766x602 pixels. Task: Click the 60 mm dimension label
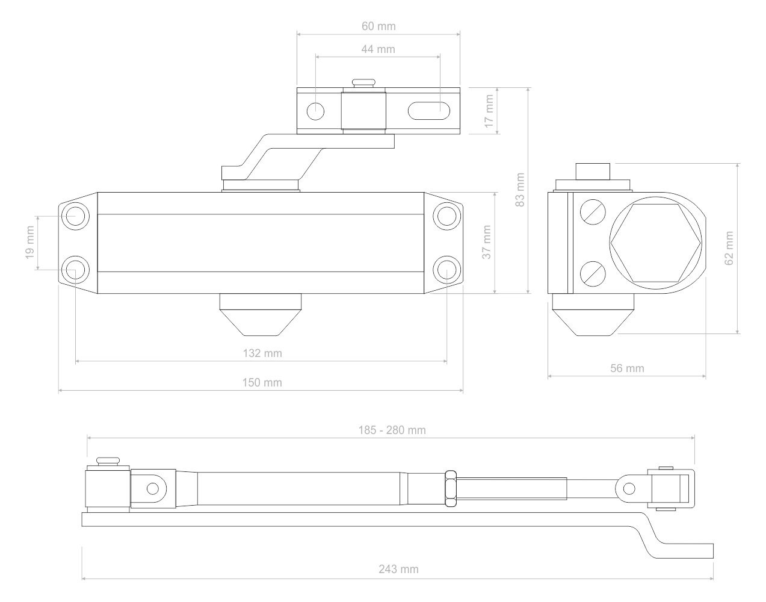pyautogui.click(x=378, y=26)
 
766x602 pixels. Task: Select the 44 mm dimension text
pyautogui.click(x=378, y=49)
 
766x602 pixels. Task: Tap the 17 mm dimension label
pyautogui.click(x=489, y=111)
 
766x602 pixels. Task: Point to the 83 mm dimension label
pyautogui.click(x=520, y=190)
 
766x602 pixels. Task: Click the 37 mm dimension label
pyautogui.click(x=486, y=242)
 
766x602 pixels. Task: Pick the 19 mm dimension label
pyautogui.click(x=30, y=243)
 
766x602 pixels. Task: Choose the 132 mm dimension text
pyautogui.click(x=262, y=353)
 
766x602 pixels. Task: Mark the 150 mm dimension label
pyautogui.click(x=262, y=383)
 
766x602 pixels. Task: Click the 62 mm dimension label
pyautogui.click(x=729, y=248)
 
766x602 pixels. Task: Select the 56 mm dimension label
pyautogui.click(x=627, y=368)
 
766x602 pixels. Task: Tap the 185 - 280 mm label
pyautogui.click(x=392, y=430)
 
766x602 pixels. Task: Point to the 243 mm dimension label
pyautogui.click(x=399, y=569)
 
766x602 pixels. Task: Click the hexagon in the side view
pyautogui.click(x=656, y=243)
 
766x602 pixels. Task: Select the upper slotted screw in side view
pyautogui.click(x=593, y=212)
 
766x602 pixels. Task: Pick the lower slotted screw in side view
pyautogui.click(x=593, y=274)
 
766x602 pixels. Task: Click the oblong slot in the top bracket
pyautogui.click(x=429, y=111)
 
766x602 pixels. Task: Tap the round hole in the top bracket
pyautogui.click(x=315, y=111)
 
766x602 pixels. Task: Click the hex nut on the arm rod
pyautogui.click(x=451, y=488)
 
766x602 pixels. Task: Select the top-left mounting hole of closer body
pyautogui.click(x=75, y=216)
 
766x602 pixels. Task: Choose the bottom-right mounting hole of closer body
pyautogui.click(x=446, y=270)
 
